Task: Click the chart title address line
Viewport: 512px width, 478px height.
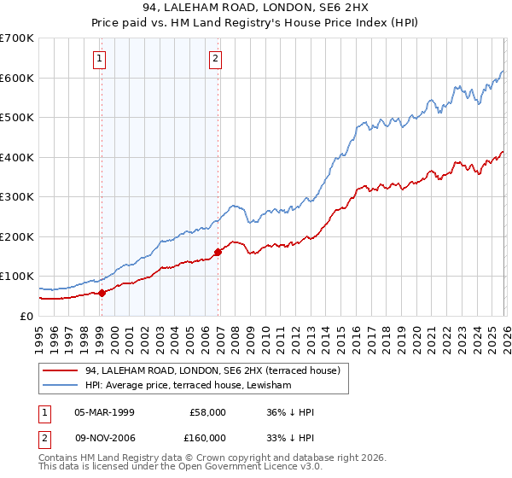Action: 256,8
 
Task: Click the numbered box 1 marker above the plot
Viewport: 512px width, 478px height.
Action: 101,59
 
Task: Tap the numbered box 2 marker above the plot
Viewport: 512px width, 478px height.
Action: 215,59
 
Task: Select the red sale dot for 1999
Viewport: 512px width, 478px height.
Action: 102,293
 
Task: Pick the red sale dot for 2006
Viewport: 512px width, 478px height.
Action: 218,252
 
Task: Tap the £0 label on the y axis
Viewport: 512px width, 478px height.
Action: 26,316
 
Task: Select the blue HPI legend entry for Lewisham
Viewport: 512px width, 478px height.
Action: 188,386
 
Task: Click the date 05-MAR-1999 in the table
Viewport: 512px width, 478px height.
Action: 104,411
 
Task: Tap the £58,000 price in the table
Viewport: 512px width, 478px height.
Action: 207,411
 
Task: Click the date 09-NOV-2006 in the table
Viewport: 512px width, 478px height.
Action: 104,437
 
